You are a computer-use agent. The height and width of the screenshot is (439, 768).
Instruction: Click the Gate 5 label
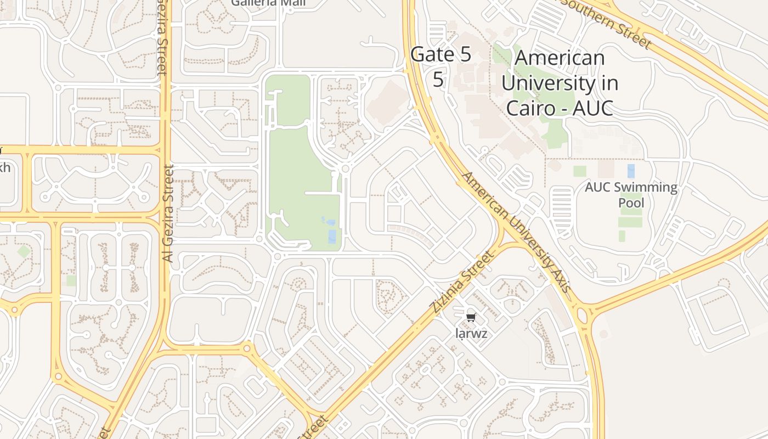[x=441, y=55]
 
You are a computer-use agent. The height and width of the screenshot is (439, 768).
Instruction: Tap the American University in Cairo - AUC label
[x=560, y=83]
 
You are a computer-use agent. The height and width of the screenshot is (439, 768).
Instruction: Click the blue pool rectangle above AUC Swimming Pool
[x=631, y=171]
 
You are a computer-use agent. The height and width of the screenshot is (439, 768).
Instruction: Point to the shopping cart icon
[x=471, y=317]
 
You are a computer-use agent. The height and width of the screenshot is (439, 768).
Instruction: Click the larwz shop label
[x=471, y=333]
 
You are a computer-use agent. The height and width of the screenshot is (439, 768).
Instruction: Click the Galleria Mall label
[x=268, y=3]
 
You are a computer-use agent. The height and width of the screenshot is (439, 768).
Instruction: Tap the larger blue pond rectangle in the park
[x=332, y=236]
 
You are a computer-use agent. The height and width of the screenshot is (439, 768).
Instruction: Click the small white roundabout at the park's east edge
[x=345, y=168]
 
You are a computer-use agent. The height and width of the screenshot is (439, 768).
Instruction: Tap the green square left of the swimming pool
[x=579, y=171]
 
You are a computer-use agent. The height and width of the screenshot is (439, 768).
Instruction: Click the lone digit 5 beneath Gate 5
[x=438, y=79]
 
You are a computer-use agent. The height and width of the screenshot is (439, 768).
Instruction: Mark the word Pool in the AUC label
[x=631, y=203]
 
